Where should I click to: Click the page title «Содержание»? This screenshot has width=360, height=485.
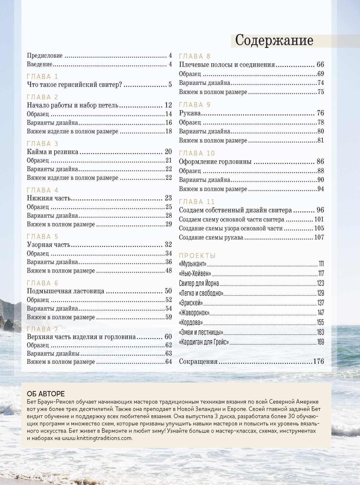click(274, 40)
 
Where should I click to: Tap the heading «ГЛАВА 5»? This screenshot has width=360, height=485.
click(42, 237)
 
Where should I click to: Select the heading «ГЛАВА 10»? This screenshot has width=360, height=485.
click(197, 153)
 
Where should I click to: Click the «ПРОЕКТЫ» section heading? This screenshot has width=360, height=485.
click(197, 256)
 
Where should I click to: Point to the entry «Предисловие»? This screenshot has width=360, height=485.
click(45, 55)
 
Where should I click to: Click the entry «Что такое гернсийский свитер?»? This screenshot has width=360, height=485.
click(74, 85)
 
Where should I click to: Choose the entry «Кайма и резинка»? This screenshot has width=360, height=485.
click(52, 152)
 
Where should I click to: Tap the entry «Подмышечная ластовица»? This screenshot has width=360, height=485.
click(65, 291)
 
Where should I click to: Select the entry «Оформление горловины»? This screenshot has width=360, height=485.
click(215, 162)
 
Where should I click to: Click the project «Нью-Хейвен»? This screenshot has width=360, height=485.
click(195, 273)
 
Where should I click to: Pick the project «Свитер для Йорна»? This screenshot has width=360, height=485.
click(199, 283)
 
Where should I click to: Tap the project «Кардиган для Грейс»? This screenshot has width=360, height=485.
click(204, 342)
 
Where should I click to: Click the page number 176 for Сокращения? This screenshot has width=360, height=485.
click(318, 361)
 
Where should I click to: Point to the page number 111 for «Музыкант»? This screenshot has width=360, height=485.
click(321, 264)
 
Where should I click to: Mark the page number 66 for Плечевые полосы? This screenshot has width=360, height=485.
click(320, 65)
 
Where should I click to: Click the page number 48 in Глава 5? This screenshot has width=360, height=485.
click(168, 270)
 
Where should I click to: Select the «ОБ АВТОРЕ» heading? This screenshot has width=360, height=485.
click(46, 394)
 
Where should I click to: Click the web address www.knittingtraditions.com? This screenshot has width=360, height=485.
click(97, 438)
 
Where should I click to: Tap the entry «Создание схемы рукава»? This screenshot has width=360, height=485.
click(211, 237)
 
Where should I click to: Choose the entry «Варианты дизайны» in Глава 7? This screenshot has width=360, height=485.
click(53, 353)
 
